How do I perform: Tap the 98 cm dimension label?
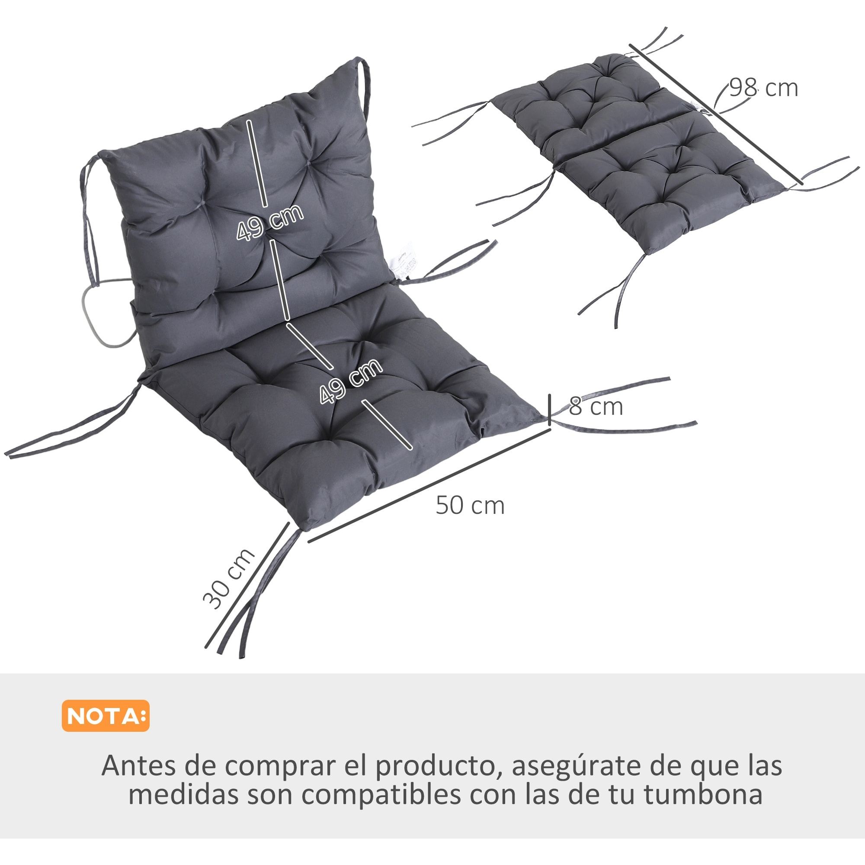pyautogui.click(x=763, y=88)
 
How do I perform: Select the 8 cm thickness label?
pyautogui.click(x=596, y=407)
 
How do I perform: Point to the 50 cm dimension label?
pyautogui.click(x=470, y=506)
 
